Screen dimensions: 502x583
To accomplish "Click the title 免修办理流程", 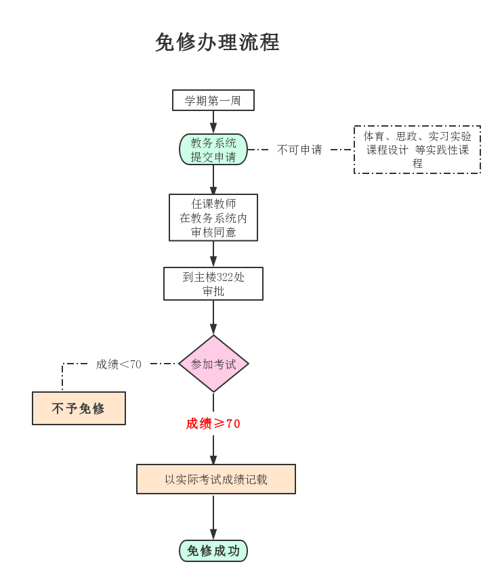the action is (x=217, y=42).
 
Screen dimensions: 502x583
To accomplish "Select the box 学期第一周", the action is (x=213, y=100).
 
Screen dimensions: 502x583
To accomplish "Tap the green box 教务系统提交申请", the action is (x=213, y=150).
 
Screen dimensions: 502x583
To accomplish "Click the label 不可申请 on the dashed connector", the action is (x=299, y=150).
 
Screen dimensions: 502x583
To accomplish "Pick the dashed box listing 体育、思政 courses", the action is (x=417, y=150).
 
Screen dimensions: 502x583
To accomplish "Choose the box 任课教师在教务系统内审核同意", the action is (x=213, y=217).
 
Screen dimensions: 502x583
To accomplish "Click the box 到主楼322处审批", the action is (x=213, y=284).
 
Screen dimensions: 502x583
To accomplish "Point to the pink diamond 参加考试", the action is (x=213, y=364).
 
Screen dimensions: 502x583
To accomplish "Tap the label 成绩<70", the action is (x=119, y=364).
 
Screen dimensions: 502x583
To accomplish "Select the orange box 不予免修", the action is (x=79, y=408).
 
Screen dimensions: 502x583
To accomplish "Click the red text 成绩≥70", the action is (x=213, y=423).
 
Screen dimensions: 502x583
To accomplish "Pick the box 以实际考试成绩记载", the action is (x=216, y=479).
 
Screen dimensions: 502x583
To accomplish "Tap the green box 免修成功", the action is (x=213, y=550).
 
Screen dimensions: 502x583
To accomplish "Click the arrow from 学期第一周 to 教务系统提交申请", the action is (x=213, y=123).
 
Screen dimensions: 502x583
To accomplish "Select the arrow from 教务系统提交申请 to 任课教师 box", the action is (x=213, y=179).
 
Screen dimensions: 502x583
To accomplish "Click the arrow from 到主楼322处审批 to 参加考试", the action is (x=213, y=318).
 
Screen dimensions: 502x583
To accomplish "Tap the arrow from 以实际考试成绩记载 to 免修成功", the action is (x=213, y=517).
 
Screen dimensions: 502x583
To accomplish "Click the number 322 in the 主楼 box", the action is (x=225, y=277).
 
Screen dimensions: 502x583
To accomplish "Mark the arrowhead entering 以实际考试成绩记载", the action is (x=213, y=460).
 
